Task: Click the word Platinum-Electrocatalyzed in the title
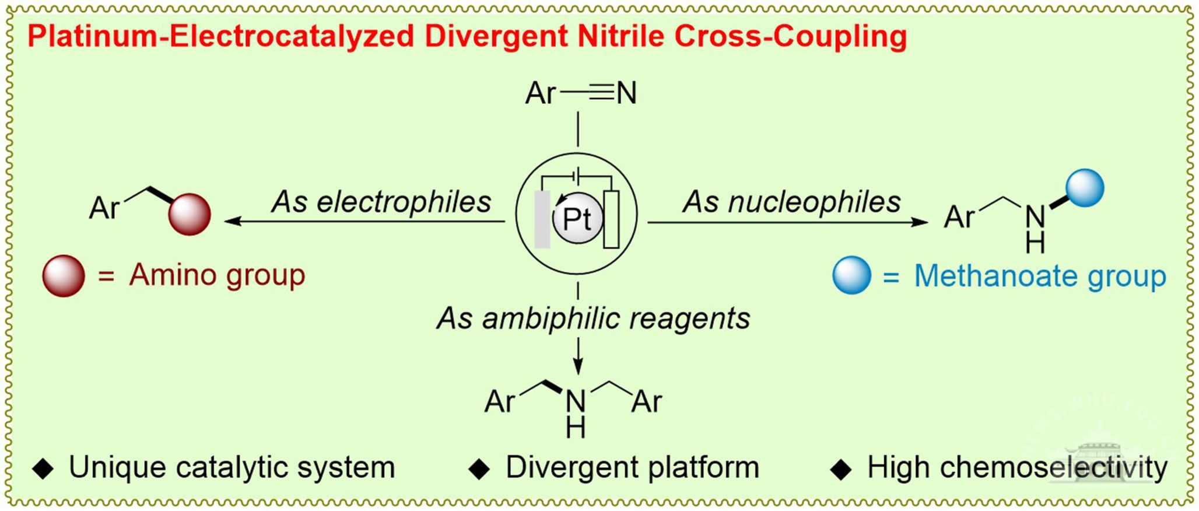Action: pos(221,37)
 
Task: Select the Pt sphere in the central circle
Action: pos(577,218)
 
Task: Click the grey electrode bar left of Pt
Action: pos(542,219)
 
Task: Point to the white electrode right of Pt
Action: pos(611,219)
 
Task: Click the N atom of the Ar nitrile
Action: pos(626,93)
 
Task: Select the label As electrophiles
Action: pos(381,202)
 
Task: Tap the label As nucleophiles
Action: pos(792,202)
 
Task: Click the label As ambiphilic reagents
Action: pos(593,318)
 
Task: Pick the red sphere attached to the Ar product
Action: pos(190,214)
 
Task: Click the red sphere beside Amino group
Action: pos(64,276)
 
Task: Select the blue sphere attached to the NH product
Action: pos(1085,188)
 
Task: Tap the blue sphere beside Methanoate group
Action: pos(851,276)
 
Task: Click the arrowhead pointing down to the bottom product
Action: pos(577,367)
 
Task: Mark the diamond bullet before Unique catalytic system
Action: pos(43,469)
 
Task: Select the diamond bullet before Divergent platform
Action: pos(479,469)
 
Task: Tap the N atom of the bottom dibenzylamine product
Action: pos(576,401)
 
